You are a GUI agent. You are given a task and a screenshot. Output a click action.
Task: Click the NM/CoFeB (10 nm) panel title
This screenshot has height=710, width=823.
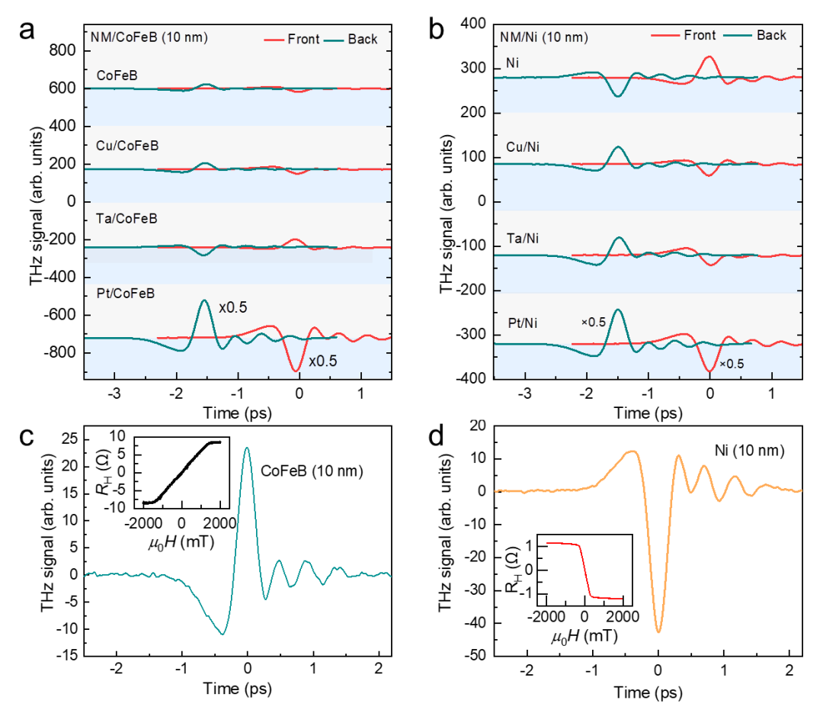click(x=149, y=37)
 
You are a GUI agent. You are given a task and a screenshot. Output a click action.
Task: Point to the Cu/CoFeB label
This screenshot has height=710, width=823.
click(x=127, y=146)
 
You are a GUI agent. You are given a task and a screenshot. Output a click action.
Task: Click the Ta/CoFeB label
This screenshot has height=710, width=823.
click(x=126, y=219)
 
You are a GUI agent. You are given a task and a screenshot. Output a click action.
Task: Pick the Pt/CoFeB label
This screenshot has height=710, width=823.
click(x=126, y=293)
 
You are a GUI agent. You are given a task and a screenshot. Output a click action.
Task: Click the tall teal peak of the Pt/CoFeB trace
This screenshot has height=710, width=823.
click(x=203, y=301)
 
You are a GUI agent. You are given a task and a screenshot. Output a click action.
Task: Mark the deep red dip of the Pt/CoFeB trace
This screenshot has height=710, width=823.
click(x=296, y=370)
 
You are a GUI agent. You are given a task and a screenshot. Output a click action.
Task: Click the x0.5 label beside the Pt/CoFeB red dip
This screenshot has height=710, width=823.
click(x=322, y=361)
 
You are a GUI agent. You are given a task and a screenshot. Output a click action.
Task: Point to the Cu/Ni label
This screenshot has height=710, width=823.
click(x=523, y=147)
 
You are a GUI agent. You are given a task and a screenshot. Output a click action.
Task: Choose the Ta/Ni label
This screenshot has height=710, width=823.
click(x=523, y=239)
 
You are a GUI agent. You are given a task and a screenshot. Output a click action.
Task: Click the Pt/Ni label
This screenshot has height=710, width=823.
click(x=523, y=323)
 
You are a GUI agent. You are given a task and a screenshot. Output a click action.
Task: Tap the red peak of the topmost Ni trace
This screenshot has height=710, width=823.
click(x=709, y=57)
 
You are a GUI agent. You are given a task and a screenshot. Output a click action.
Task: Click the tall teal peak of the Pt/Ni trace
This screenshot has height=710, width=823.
click(x=618, y=310)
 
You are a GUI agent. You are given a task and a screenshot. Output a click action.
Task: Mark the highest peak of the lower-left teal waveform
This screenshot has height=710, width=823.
click(x=246, y=448)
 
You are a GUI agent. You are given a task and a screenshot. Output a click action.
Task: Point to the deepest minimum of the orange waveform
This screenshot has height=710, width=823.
click(x=658, y=631)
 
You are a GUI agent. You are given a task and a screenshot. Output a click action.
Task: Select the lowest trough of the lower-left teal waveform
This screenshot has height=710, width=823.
click(x=223, y=633)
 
